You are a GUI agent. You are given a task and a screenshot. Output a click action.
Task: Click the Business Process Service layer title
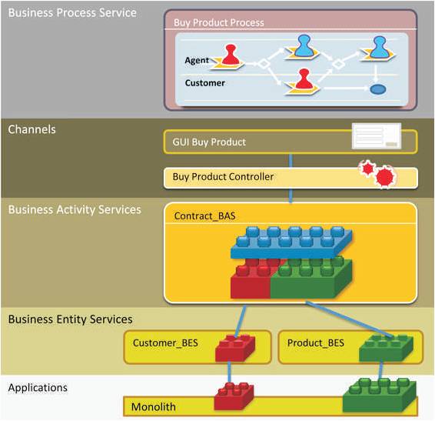coord(72,13)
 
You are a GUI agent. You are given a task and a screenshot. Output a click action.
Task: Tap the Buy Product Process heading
coord(218,22)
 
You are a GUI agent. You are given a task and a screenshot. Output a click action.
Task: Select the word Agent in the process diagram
coord(197,60)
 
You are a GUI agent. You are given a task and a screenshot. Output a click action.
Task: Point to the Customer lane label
coord(204,83)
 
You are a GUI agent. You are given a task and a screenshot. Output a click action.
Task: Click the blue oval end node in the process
coord(378,89)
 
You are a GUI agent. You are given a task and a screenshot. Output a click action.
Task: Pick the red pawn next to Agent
coord(231,55)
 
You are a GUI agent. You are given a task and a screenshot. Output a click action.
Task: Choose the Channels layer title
coord(32,129)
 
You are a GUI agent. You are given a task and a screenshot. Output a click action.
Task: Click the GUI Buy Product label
coord(209,142)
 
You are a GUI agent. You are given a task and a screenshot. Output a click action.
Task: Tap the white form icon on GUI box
coord(377,136)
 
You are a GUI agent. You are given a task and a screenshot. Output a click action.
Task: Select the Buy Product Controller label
coord(223,177)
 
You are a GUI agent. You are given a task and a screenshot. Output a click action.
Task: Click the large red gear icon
coord(385,177)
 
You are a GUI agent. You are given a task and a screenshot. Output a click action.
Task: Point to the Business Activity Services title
coord(75,209)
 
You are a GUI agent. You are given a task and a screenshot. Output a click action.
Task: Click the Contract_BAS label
coord(204,216)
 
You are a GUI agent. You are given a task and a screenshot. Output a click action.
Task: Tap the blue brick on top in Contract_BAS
coord(291,242)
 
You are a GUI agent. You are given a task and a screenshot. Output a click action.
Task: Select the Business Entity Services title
coord(70,319)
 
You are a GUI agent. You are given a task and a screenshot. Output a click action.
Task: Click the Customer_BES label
coord(165,343)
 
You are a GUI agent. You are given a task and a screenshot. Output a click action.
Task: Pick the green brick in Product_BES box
coord(386,348)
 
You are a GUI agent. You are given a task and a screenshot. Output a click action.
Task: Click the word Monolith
coord(154,407)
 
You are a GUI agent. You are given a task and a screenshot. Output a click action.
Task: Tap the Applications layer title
coord(38,388)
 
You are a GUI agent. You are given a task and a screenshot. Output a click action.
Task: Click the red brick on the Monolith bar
coord(234,396)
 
